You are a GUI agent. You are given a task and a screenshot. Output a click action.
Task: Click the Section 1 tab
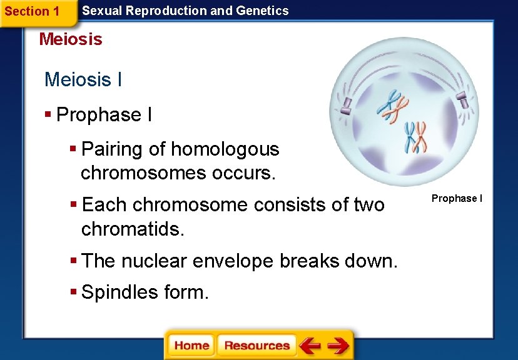click(32, 11)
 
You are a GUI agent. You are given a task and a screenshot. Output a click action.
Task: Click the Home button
click(191, 346)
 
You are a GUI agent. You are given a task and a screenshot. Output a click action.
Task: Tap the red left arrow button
click(309, 346)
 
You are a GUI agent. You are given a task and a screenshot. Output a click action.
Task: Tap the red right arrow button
click(338, 346)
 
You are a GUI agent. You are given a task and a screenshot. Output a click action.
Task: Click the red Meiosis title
click(71, 39)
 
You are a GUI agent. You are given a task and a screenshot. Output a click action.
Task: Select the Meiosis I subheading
click(83, 80)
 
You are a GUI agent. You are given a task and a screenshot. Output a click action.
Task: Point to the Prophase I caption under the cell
click(457, 199)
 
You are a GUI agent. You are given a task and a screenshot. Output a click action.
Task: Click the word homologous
click(225, 149)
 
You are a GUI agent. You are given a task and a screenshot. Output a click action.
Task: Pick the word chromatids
click(133, 229)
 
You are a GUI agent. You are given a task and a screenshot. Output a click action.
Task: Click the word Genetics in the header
click(262, 11)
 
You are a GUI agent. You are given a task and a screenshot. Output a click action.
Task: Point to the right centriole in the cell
click(461, 99)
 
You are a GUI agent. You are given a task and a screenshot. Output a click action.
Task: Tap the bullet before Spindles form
click(73, 292)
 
